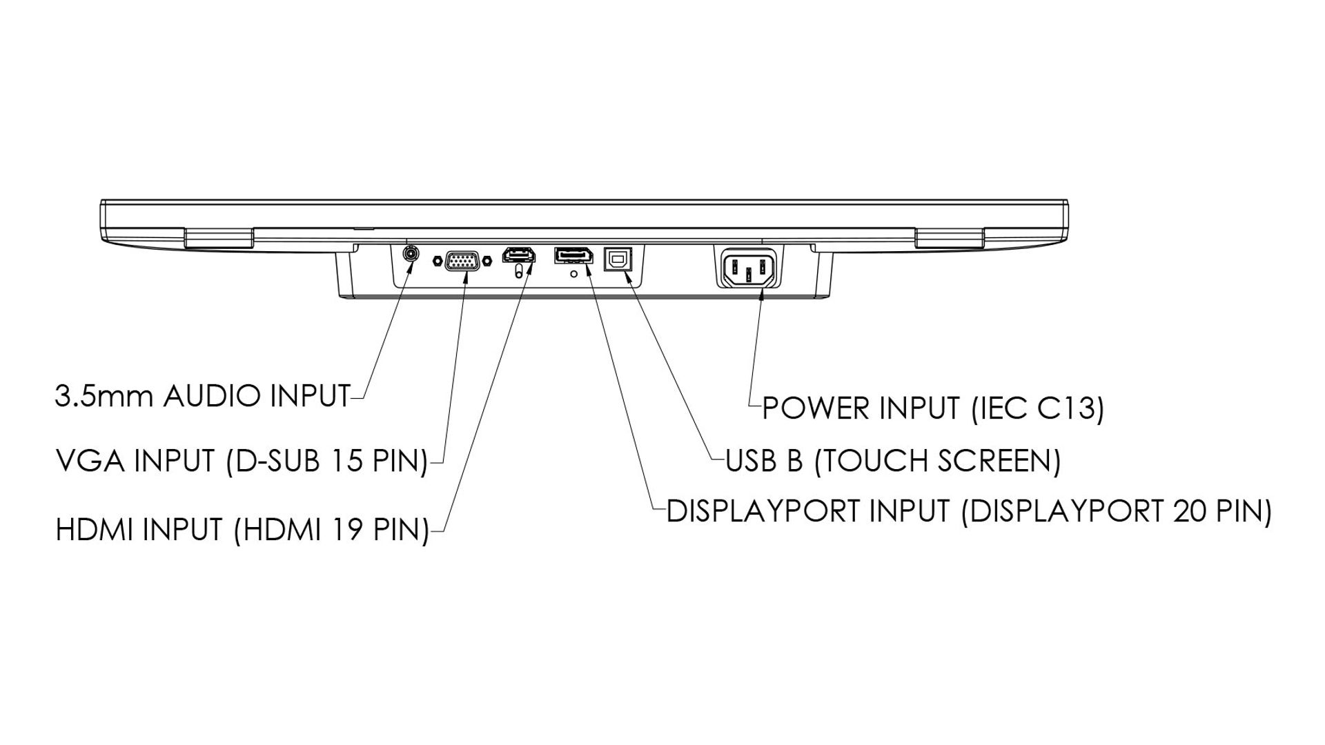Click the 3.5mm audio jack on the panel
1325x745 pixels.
pos(411,252)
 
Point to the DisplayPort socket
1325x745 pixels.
pos(572,256)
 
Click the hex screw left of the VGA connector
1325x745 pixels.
pos(438,261)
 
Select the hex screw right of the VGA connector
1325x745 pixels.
pos(488,261)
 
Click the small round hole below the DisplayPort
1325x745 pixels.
pos(573,274)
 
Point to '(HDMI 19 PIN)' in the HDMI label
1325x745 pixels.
pos(331,530)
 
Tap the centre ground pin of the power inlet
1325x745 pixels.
pos(748,275)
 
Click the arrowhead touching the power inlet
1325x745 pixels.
pos(761,296)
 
